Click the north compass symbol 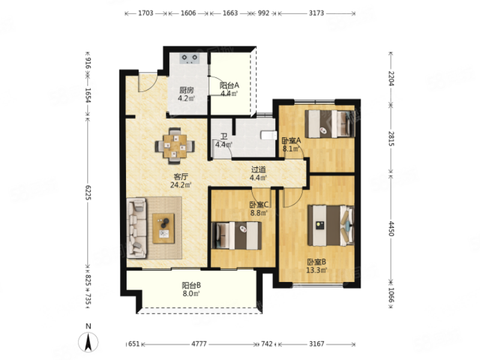88,341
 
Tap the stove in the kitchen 190,58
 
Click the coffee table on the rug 163,229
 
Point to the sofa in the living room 137,227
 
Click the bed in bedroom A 330,124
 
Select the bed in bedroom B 331,226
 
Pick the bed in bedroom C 236,235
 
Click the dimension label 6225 88,193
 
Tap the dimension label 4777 199,344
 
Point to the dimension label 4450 391,229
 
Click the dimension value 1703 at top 146,13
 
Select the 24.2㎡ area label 181,185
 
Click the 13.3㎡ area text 317,270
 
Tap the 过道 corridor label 259,170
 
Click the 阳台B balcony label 191,286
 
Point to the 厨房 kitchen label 187,91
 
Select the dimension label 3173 316,13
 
